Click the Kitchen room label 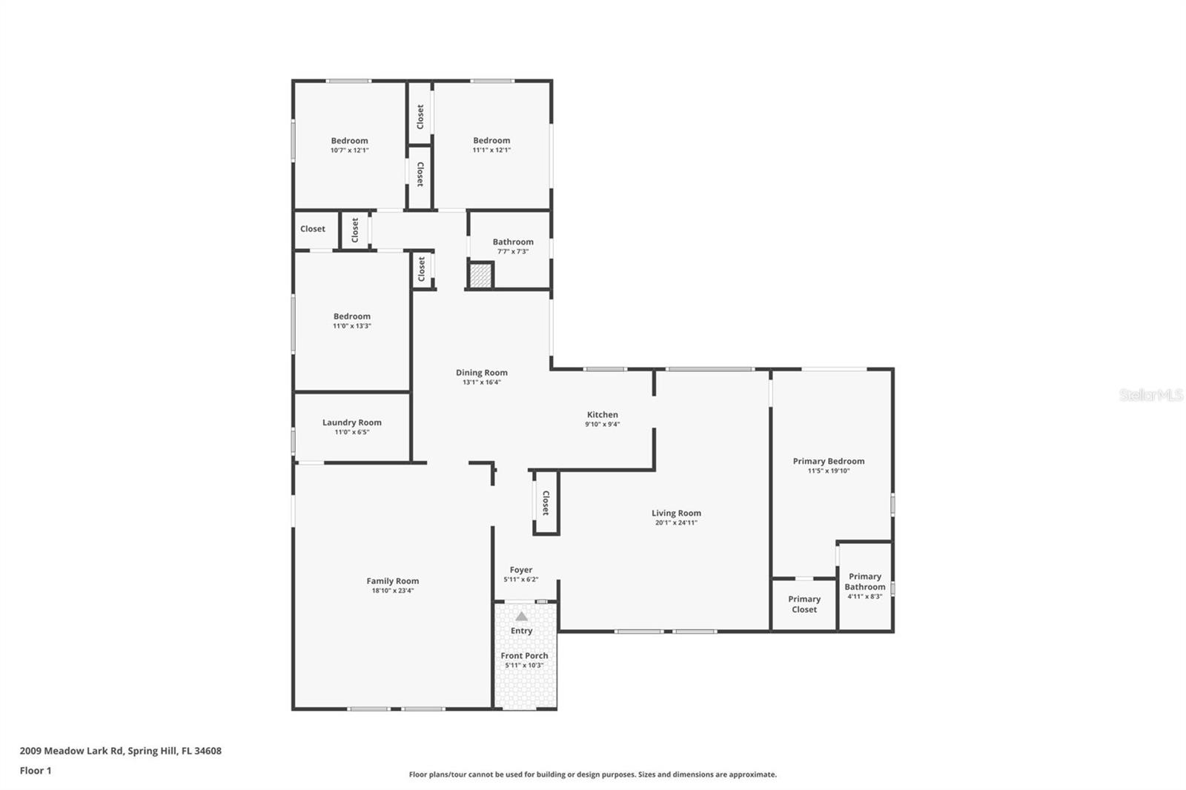tap(602, 414)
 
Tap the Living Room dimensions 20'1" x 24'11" tap(676, 522)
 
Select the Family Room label tap(392, 581)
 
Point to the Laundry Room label tap(351, 422)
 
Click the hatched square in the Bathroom tap(481, 276)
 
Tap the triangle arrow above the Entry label tap(522, 617)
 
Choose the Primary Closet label tap(804, 604)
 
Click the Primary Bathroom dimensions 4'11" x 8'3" tap(864, 597)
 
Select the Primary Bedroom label tap(829, 461)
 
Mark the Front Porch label tap(524, 656)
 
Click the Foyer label tap(521, 570)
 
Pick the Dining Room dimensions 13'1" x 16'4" tap(481, 382)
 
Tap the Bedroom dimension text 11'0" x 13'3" tap(351, 326)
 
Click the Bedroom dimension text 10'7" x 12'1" tap(349, 150)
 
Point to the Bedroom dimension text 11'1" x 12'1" tap(491, 150)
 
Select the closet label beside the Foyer tap(546, 502)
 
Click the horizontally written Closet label tap(312, 229)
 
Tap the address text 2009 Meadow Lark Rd tap(71, 751)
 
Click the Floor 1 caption tap(36, 771)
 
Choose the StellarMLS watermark tap(1150, 394)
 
